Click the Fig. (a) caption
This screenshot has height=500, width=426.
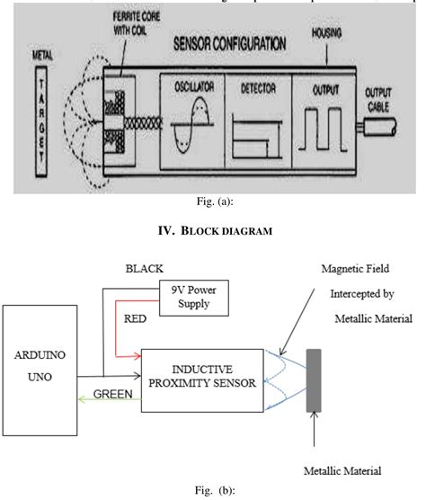click(213, 206)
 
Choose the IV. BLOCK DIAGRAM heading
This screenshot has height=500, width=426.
click(213, 240)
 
